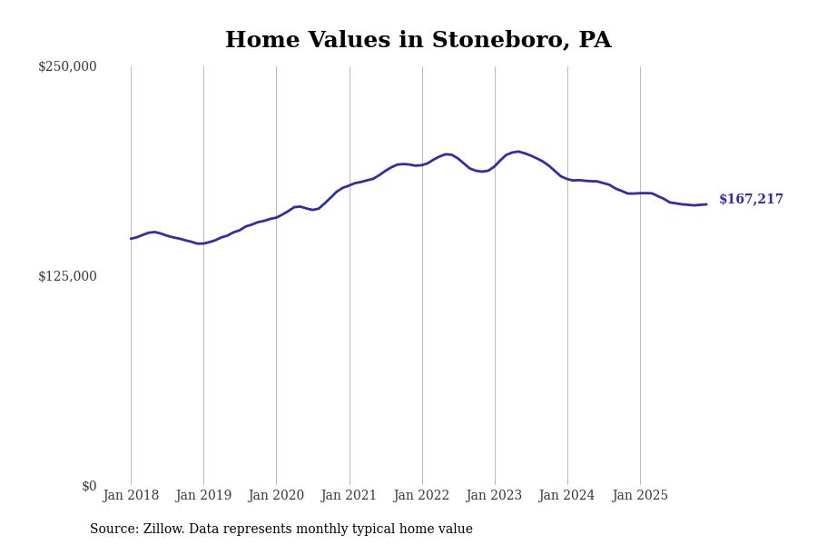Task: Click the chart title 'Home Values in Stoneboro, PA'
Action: pos(418,41)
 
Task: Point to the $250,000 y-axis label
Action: pos(67,66)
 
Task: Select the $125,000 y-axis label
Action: pos(67,276)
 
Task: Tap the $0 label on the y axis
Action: pos(89,486)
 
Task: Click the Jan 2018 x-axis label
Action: pos(131,496)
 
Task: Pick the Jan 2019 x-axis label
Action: pos(203,496)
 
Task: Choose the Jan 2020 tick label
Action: pos(276,496)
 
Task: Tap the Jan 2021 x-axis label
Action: pos(349,496)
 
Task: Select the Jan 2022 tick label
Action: pos(421,496)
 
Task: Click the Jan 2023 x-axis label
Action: pos(494,496)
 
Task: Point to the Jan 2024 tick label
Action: pos(566,496)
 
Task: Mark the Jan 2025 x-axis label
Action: pos(640,496)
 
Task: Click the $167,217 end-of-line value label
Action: pos(751,200)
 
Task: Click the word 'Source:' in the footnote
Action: pos(114,530)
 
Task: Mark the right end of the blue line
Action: pos(706,204)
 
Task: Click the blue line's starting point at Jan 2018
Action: pos(131,239)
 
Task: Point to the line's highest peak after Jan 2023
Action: pos(517,152)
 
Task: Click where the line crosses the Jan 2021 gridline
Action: pos(349,184)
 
